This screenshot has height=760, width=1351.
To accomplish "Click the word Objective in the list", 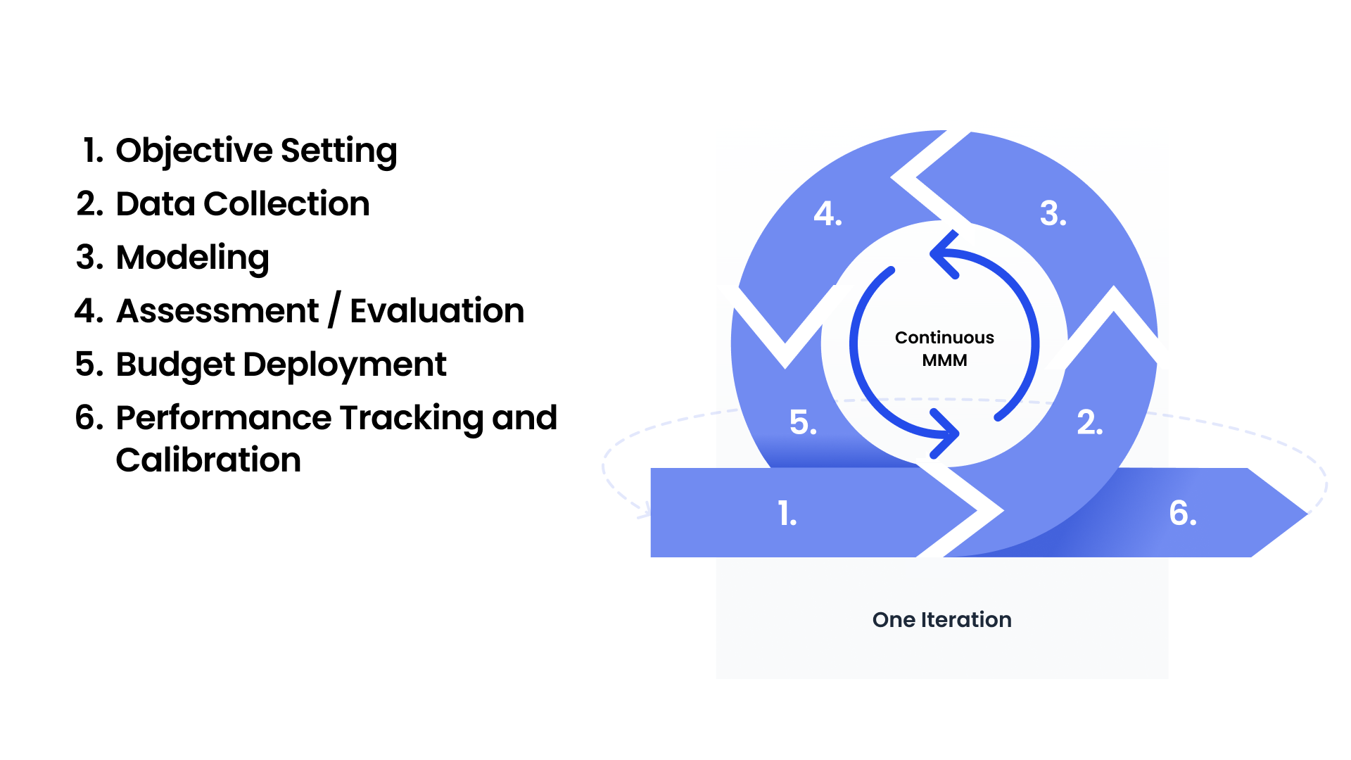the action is click(x=194, y=151).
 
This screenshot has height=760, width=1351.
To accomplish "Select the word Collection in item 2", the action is click(x=286, y=204).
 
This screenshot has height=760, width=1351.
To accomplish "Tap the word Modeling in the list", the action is click(x=193, y=258).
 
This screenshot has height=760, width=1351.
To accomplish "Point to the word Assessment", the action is click(x=217, y=311).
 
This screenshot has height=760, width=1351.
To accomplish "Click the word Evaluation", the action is click(x=437, y=311).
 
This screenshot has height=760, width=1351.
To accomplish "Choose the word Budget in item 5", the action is click(x=175, y=365).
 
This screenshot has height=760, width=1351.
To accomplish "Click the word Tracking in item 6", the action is click(x=412, y=419).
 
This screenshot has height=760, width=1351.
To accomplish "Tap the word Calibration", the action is click(x=209, y=460).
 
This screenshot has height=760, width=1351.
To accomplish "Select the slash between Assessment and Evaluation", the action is click(x=334, y=310).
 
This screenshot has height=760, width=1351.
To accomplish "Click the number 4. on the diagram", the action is click(x=827, y=213).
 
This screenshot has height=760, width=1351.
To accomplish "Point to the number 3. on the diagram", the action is click(x=1053, y=213).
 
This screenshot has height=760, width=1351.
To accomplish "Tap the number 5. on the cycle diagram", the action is click(x=803, y=422).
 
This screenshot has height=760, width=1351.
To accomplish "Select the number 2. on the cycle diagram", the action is click(x=1090, y=422).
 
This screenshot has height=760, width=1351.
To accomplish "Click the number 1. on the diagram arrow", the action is click(x=787, y=513).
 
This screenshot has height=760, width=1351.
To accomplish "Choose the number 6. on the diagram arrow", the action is click(x=1183, y=513).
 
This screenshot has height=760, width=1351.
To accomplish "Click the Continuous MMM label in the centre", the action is click(x=944, y=349).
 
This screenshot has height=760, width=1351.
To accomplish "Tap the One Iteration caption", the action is click(x=942, y=620).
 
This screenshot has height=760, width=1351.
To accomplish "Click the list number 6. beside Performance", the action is click(x=89, y=418).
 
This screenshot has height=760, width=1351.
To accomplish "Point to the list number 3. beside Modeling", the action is click(x=89, y=258).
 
